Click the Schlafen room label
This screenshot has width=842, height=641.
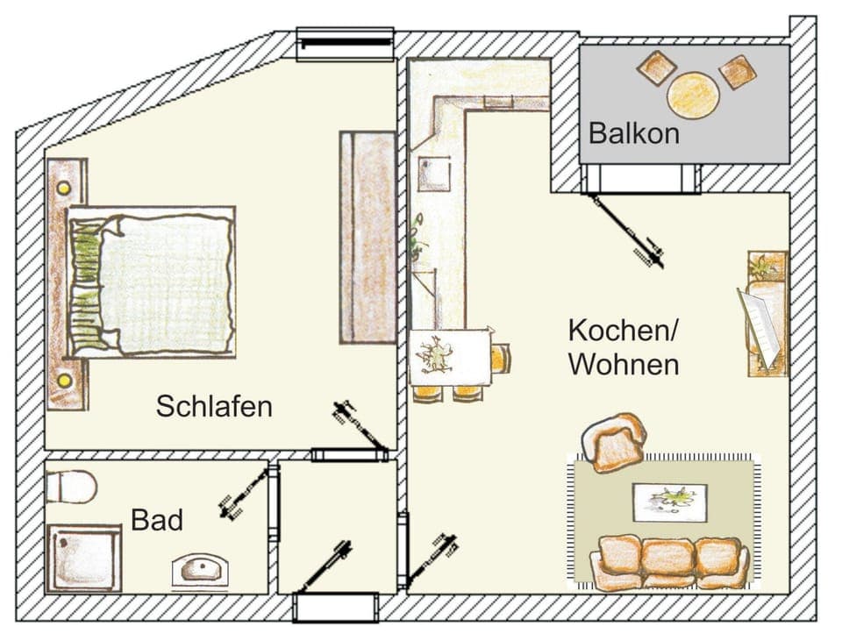click(214, 406)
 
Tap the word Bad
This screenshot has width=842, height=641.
click(157, 520)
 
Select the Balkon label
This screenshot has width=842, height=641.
click(633, 133)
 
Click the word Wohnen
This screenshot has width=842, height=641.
click(623, 364)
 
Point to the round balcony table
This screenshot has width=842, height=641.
click(693, 94)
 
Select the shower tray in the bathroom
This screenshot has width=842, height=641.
click(84, 558)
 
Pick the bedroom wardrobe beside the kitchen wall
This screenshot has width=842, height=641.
click(367, 237)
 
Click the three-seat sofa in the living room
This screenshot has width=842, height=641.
click(669, 562)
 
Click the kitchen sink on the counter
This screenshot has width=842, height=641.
click(433, 174)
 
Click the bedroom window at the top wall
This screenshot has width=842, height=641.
click(345, 44)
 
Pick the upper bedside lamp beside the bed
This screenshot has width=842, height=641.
click(64, 188)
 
